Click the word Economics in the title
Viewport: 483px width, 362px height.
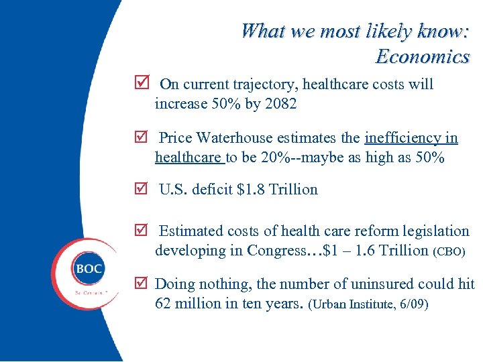pos(422,56)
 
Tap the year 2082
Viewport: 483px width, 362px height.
pos(281,104)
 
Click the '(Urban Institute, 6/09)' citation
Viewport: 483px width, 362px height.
pos(368,304)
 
